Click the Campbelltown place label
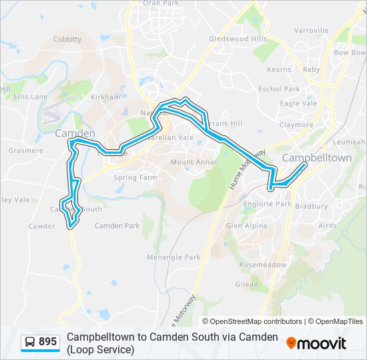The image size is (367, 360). coord(317,158)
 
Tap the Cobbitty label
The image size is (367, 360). coord(67,39)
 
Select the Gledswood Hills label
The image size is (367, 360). coord(238,39)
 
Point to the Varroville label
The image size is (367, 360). coord(312,31)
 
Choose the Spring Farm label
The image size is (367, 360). coord(135,178)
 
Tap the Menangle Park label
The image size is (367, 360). coord(174,257)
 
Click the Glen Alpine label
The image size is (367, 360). coord(246,226)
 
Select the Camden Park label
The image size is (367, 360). coord(117,226)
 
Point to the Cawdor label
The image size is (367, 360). coord(41,226)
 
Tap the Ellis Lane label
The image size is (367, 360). coord(31,97)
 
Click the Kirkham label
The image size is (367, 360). coord(105,97)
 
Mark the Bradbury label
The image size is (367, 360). coord(311,206)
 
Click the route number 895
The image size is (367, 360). coord(47,342)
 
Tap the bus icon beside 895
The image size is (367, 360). coord(30,342)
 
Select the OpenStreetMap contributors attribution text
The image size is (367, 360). coord(256,321)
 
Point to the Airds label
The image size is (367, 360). coord(328,226)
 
